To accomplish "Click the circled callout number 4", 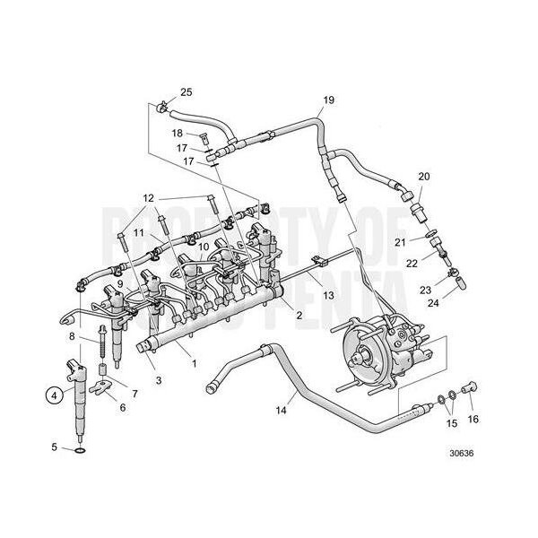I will (54, 392).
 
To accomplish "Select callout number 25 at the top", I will (186, 92).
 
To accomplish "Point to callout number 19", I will (328, 99).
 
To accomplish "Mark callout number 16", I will (473, 419).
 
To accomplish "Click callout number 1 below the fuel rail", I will (194, 365).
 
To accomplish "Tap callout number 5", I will (54, 447).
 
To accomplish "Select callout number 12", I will (148, 197).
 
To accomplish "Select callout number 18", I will (178, 133).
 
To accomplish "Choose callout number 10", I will (204, 246).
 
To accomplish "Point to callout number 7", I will (135, 394).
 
